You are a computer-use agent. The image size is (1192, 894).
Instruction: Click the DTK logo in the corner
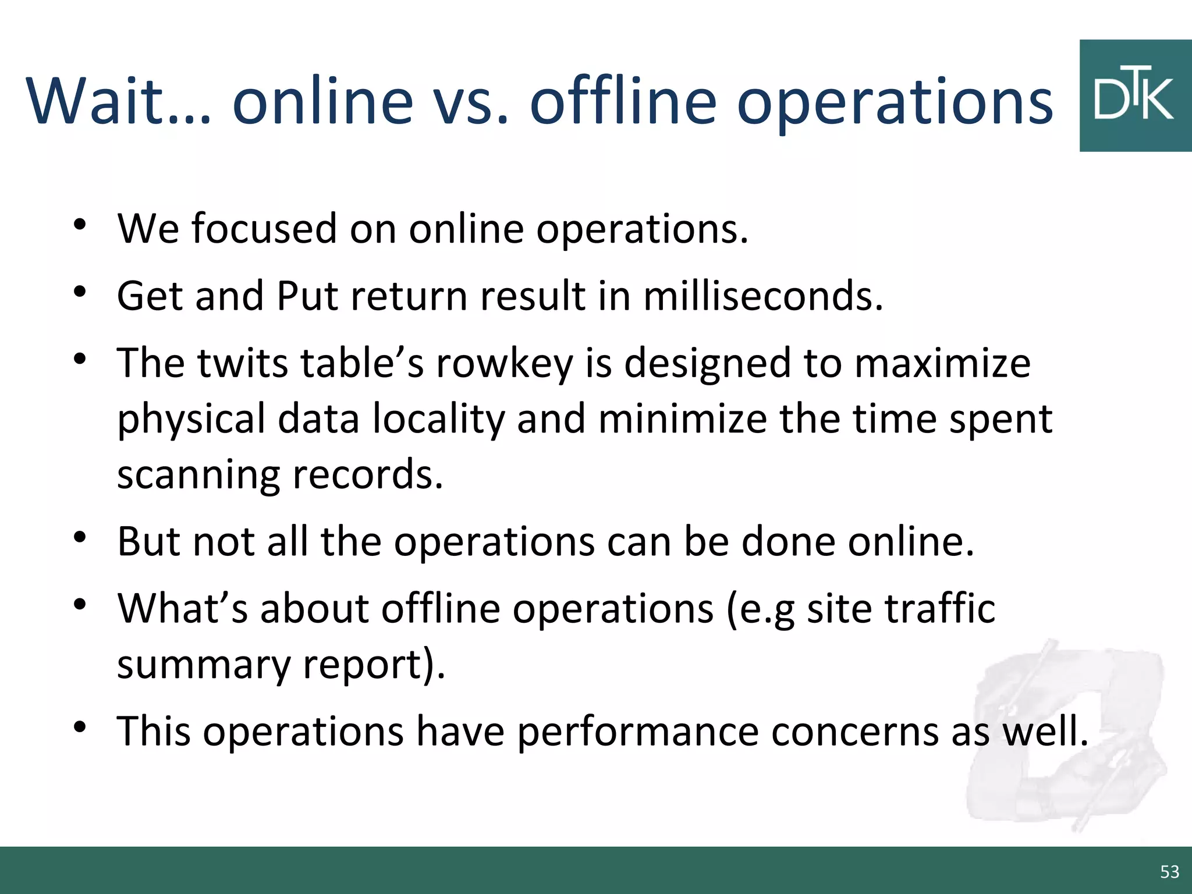coord(1135,96)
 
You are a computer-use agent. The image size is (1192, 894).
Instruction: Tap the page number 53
coord(1169,872)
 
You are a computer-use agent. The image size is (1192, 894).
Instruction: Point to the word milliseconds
coord(762,296)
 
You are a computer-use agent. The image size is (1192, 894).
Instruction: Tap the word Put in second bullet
coord(307,296)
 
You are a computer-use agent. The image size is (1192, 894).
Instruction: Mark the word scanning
coord(198,475)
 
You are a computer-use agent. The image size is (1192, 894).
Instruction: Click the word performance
coord(637,731)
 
